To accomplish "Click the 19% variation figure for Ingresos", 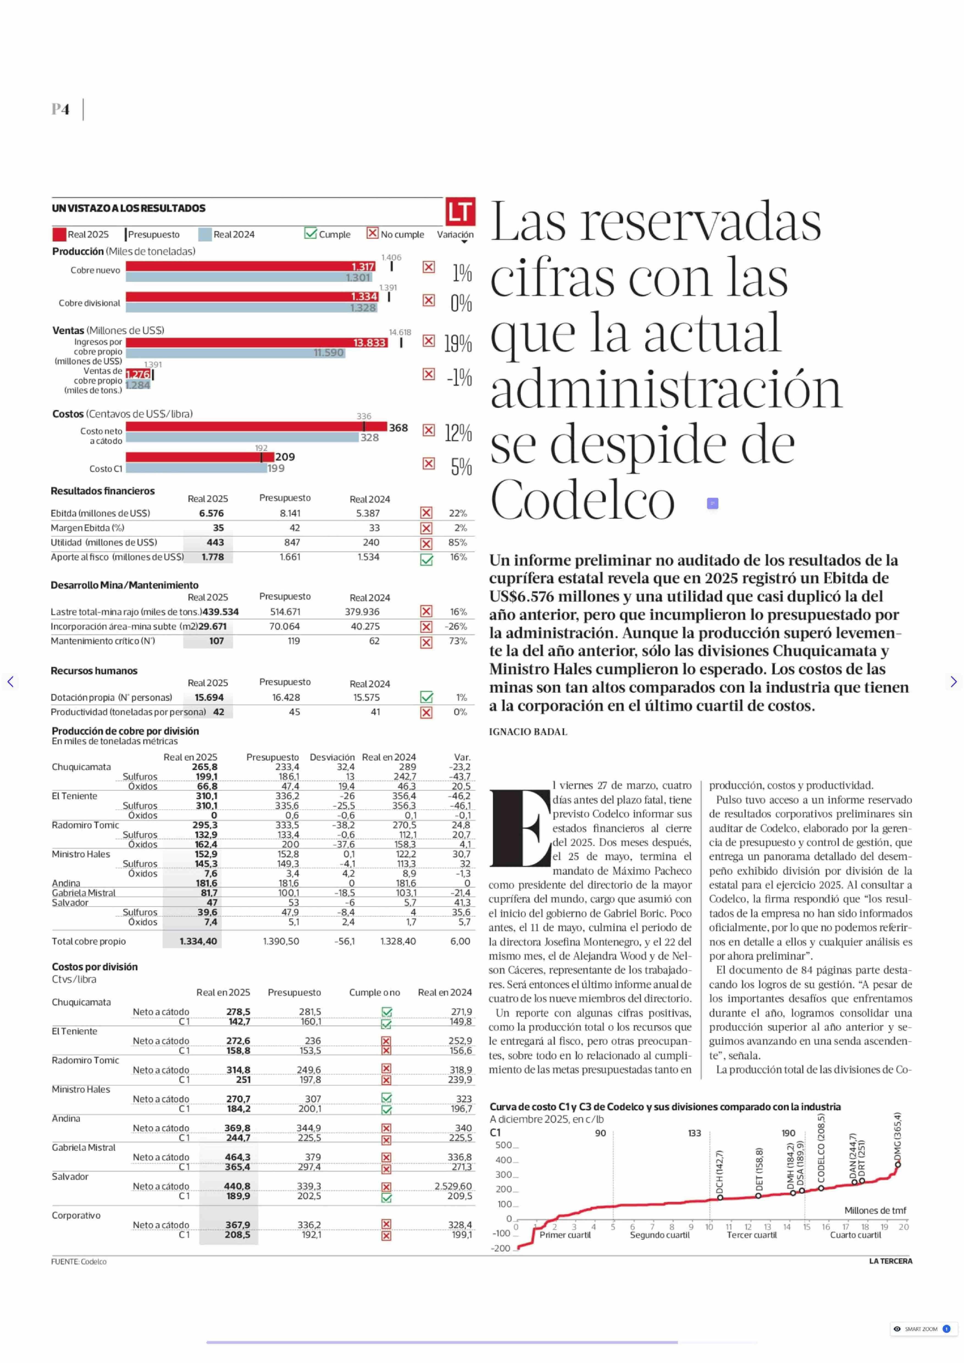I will (x=458, y=343).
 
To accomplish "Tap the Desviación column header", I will (x=332, y=757).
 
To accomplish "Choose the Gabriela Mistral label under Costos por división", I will (x=84, y=1147).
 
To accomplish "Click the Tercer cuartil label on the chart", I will (x=752, y=1235).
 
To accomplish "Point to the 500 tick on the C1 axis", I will (x=504, y=1145).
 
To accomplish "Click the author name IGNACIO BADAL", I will (x=528, y=732).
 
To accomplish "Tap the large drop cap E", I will (x=520, y=827).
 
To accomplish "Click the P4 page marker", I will (x=60, y=109).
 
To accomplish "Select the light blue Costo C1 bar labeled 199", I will (x=196, y=468).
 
